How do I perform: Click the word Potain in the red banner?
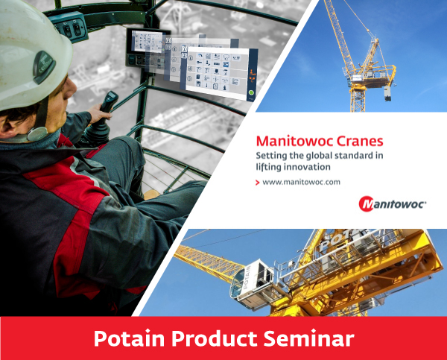(x=130, y=338)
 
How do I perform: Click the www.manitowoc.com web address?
(x=301, y=182)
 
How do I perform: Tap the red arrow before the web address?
(x=258, y=183)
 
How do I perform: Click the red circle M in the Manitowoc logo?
(x=367, y=203)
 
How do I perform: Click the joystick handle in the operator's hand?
(x=110, y=101)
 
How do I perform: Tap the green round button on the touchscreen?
(x=251, y=92)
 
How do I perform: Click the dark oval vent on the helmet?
(x=44, y=67)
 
